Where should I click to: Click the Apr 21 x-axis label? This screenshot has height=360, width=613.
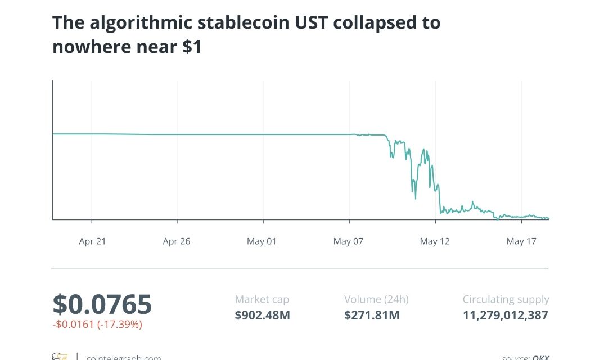point(92,241)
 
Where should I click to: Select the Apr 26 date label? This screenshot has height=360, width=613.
point(177,241)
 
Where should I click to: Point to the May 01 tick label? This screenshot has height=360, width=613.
point(262,241)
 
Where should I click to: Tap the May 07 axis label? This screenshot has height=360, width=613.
point(348,241)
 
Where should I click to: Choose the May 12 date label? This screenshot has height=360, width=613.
point(436,241)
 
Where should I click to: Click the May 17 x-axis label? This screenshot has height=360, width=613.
point(522,241)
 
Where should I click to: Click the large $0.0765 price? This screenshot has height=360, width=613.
point(102,304)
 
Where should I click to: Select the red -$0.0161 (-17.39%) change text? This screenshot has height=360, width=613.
point(97,325)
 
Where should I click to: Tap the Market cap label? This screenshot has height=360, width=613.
point(262,300)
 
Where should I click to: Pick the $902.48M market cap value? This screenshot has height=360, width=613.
point(262,315)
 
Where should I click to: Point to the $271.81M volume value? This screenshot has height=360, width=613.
point(372,315)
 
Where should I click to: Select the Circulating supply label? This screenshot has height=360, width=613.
point(506,300)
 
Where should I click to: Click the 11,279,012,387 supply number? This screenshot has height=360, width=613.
point(505,315)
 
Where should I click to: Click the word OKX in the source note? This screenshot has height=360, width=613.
point(540,357)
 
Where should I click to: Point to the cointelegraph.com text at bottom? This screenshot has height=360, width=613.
point(123,357)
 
